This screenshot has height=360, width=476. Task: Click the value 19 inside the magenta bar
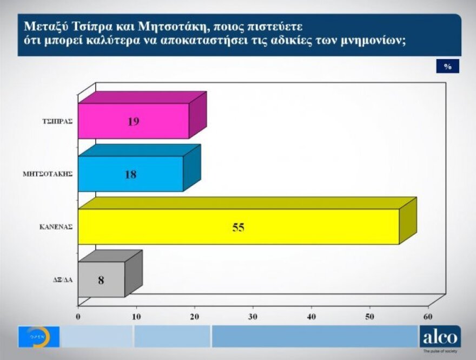pos(133,121)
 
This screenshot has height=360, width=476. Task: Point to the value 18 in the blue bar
pos(130,174)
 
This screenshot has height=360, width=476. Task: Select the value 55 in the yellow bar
pos(239,227)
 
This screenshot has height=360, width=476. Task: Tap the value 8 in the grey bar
pos(101,280)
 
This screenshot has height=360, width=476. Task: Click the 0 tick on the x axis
pos(78,316)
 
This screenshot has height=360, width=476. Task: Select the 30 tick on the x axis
pos(253,316)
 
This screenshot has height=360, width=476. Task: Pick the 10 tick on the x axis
pos(137,316)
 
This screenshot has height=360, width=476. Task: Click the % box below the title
pos(448,67)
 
